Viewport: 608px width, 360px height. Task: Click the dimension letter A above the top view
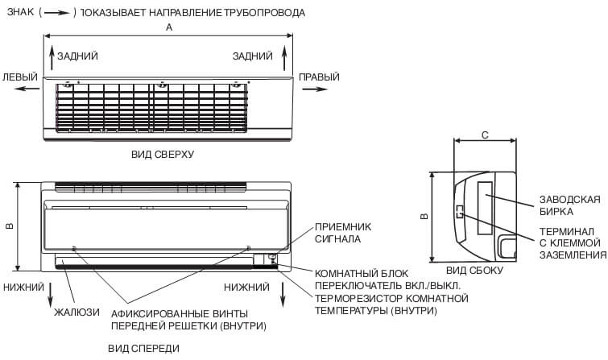(x=169, y=27)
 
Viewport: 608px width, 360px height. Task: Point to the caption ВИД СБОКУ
(x=474, y=271)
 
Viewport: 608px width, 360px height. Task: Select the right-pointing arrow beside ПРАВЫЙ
(x=312, y=90)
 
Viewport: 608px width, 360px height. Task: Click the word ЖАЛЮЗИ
(x=77, y=312)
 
